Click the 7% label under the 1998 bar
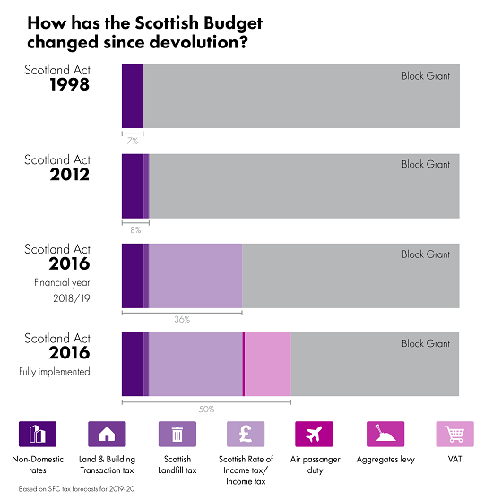[x=133, y=141]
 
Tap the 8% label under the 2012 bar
[x=135, y=230]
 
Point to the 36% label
[x=182, y=319]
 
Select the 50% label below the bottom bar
[x=206, y=409]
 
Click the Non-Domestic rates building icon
[x=38, y=434]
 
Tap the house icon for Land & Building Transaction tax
[x=107, y=434]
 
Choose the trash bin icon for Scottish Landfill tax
[x=177, y=434]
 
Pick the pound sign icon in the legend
[x=246, y=434]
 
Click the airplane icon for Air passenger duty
[x=314, y=434]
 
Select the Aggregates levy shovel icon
[x=385, y=434]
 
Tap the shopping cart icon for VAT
[x=454, y=434]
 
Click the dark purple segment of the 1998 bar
[x=133, y=96]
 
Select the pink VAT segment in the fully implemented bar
[x=268, y=364]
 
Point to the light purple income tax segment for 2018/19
[x=195, y=276]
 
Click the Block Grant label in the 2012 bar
[x=426, y=165]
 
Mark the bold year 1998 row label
[x=70, y=84]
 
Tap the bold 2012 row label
[x=70, y=175]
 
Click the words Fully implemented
[x=55, y=372]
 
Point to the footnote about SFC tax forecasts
[x=76, y=489]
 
